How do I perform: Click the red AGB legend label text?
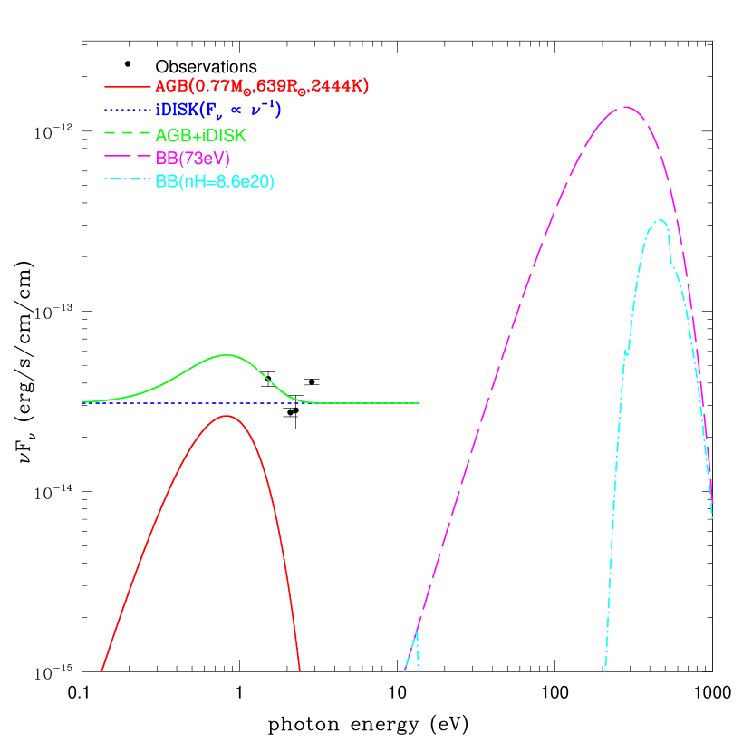pyautogui.click(x=261, y=86)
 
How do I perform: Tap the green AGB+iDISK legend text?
pyautogui.click(x=200, y=135)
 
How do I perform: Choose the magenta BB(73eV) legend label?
pyautogui.click(x=192, y=159)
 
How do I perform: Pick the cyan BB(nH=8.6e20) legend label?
pyautogui.click(x=215, y=182)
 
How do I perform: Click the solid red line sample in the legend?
pyautogui.click(x=127, y=87)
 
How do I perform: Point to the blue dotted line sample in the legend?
pyautogui.click(x=127, y=111)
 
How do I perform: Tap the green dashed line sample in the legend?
pyautogui.click(x=127, y=134)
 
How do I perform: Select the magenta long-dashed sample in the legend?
pyautogui.click(x=127, y=158)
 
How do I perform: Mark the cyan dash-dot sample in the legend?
pyautogui.click(x=127, y=181)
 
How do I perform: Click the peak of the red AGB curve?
pyautogui.click(x=226, y=416)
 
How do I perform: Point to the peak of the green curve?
pyautogui.click(x=226, y=355)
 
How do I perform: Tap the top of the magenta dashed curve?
pyautogui.click(x=624, y=107)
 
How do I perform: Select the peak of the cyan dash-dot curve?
pyautogui.click(x=660, y=219)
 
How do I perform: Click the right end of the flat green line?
pyautogui.click(x=418, y=402)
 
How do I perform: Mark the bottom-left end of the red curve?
pyautogui.click(x=101, y=670)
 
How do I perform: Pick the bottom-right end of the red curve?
pyautogui.click(x=299, y=670)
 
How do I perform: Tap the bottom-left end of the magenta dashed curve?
pyautogui.click(x=404, y=671)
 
